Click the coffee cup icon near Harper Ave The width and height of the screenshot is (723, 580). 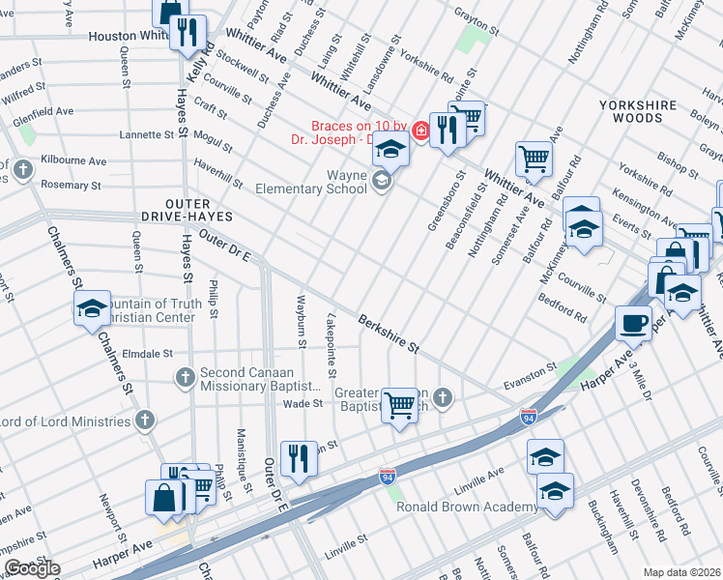[634, 323]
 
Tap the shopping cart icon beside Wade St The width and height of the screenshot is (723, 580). [399, 404]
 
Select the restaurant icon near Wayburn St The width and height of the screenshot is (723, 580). [299, 458]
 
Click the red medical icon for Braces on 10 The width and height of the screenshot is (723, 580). [420, 130]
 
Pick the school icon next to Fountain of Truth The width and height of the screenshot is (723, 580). [92, 308]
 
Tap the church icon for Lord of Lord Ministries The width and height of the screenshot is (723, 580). [144, 420]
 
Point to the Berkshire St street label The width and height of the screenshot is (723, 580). [388, 332]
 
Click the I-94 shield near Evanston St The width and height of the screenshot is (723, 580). [528, 417]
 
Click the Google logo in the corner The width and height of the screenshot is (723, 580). [32, 567]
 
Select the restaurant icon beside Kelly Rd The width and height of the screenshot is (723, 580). [188, 32]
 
